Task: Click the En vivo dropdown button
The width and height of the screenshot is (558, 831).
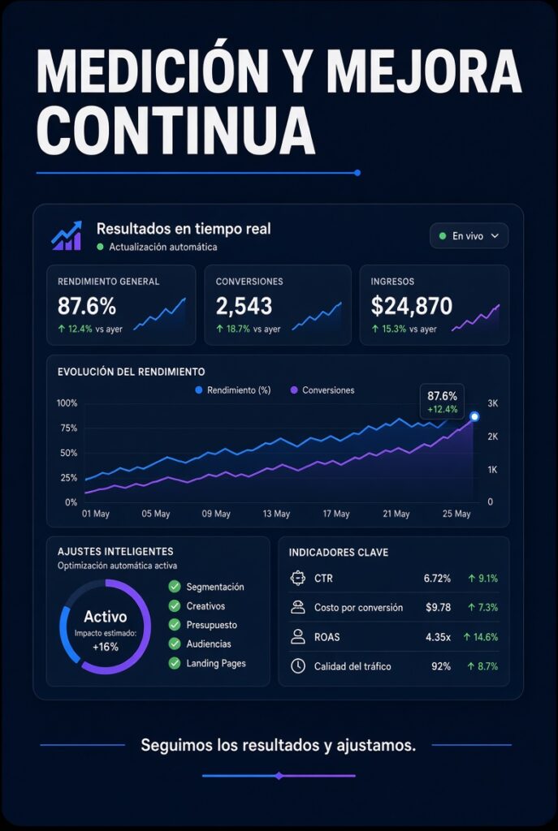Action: (x=469, y=236)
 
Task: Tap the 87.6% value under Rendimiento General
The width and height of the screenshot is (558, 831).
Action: (x=86, y=306)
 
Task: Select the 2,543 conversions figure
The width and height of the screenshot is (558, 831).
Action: (x=244, y=306)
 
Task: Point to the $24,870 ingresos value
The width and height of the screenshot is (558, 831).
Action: (x=411, y=306)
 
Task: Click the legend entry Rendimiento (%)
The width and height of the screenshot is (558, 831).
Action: (x=233, y=390)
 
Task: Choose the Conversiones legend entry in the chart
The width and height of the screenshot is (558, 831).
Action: (x=322, y=390)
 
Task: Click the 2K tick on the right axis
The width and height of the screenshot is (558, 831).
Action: (x=492, y=437)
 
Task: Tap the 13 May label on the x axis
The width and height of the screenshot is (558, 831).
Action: (x=276, y=514)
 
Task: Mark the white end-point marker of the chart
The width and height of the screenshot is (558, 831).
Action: (x=474, y=416)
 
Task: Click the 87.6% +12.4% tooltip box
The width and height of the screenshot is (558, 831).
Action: (x=442, y=402)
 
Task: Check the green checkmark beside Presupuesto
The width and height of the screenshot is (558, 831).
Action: (x=175, y=625)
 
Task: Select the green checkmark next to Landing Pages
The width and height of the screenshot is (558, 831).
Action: (x=175, y=663)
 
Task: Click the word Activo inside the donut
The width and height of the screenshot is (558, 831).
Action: (x=105, y=617)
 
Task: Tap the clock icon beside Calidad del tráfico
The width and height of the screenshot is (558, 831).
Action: (x=298, y=666)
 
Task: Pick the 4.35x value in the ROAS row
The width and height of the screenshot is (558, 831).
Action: (x=438, y=637)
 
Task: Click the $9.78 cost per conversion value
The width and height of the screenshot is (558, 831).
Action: (x=438, y=607)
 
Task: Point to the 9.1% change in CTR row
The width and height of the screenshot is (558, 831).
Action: (x=483, y=578)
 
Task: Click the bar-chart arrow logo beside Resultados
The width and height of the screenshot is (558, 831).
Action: (x=67, y=235)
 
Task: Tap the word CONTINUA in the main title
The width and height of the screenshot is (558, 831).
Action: (x=175, y=129)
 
